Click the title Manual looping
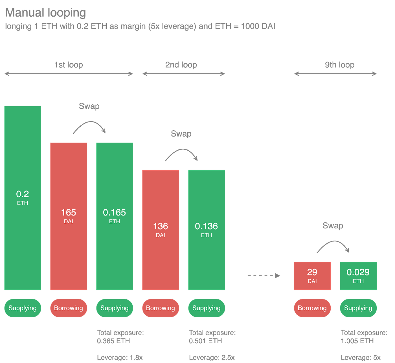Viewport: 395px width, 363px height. pos(46,13)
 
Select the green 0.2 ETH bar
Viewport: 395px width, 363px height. pos(23,197)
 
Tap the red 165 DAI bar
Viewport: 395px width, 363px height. pos(69,216)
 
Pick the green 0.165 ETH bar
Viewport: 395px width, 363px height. pos(115,216)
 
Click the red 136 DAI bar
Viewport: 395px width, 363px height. pos(161,230)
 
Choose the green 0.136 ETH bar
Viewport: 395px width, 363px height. pos(206,230)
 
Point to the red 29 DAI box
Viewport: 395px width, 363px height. pos(312,276)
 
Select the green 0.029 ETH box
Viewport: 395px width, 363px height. pos(358,276)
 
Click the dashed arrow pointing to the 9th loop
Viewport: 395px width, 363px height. pos(264,275)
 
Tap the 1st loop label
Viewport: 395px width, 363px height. pos(69,65)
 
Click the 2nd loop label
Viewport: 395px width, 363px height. pos(181,65)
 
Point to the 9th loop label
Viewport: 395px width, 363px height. pos(339,65)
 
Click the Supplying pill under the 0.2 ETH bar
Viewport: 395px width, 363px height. pos(23,308)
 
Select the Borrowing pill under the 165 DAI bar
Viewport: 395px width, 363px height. pos(69,308)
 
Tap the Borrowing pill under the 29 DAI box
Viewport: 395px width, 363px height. pos(312,308)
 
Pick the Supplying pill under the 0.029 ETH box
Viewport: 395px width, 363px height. pos(358,308)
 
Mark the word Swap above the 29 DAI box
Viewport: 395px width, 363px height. pos(333,226)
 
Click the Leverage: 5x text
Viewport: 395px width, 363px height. pos(361,357)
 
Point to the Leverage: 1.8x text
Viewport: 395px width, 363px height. pos(120,357)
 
